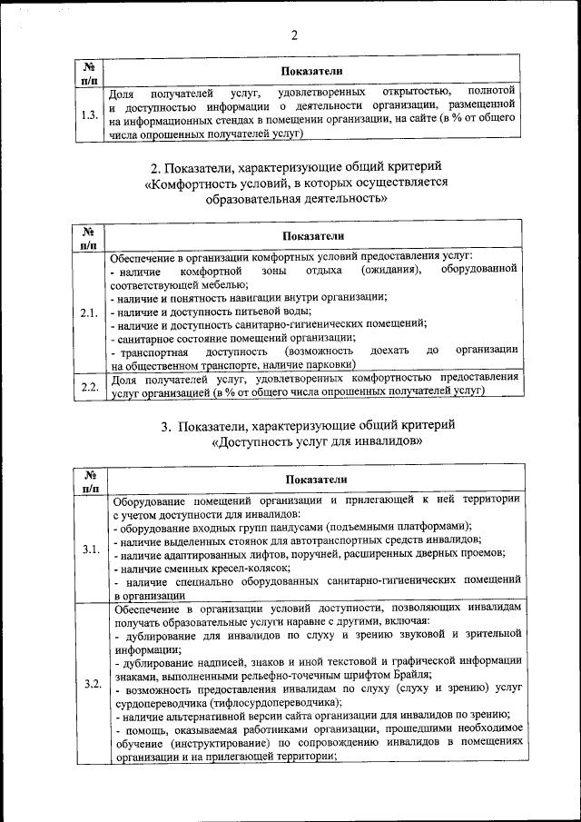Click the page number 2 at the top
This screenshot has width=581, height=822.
coord(293,35)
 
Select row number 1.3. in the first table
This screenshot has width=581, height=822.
coord(89,114)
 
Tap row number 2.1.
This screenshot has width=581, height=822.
coord(89,313)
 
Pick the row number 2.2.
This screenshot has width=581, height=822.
coord(90,386)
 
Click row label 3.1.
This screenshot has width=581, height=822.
coord(91,550)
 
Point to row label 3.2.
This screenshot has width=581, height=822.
coord(92,683)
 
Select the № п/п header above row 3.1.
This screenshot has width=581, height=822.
coord(90,480)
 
